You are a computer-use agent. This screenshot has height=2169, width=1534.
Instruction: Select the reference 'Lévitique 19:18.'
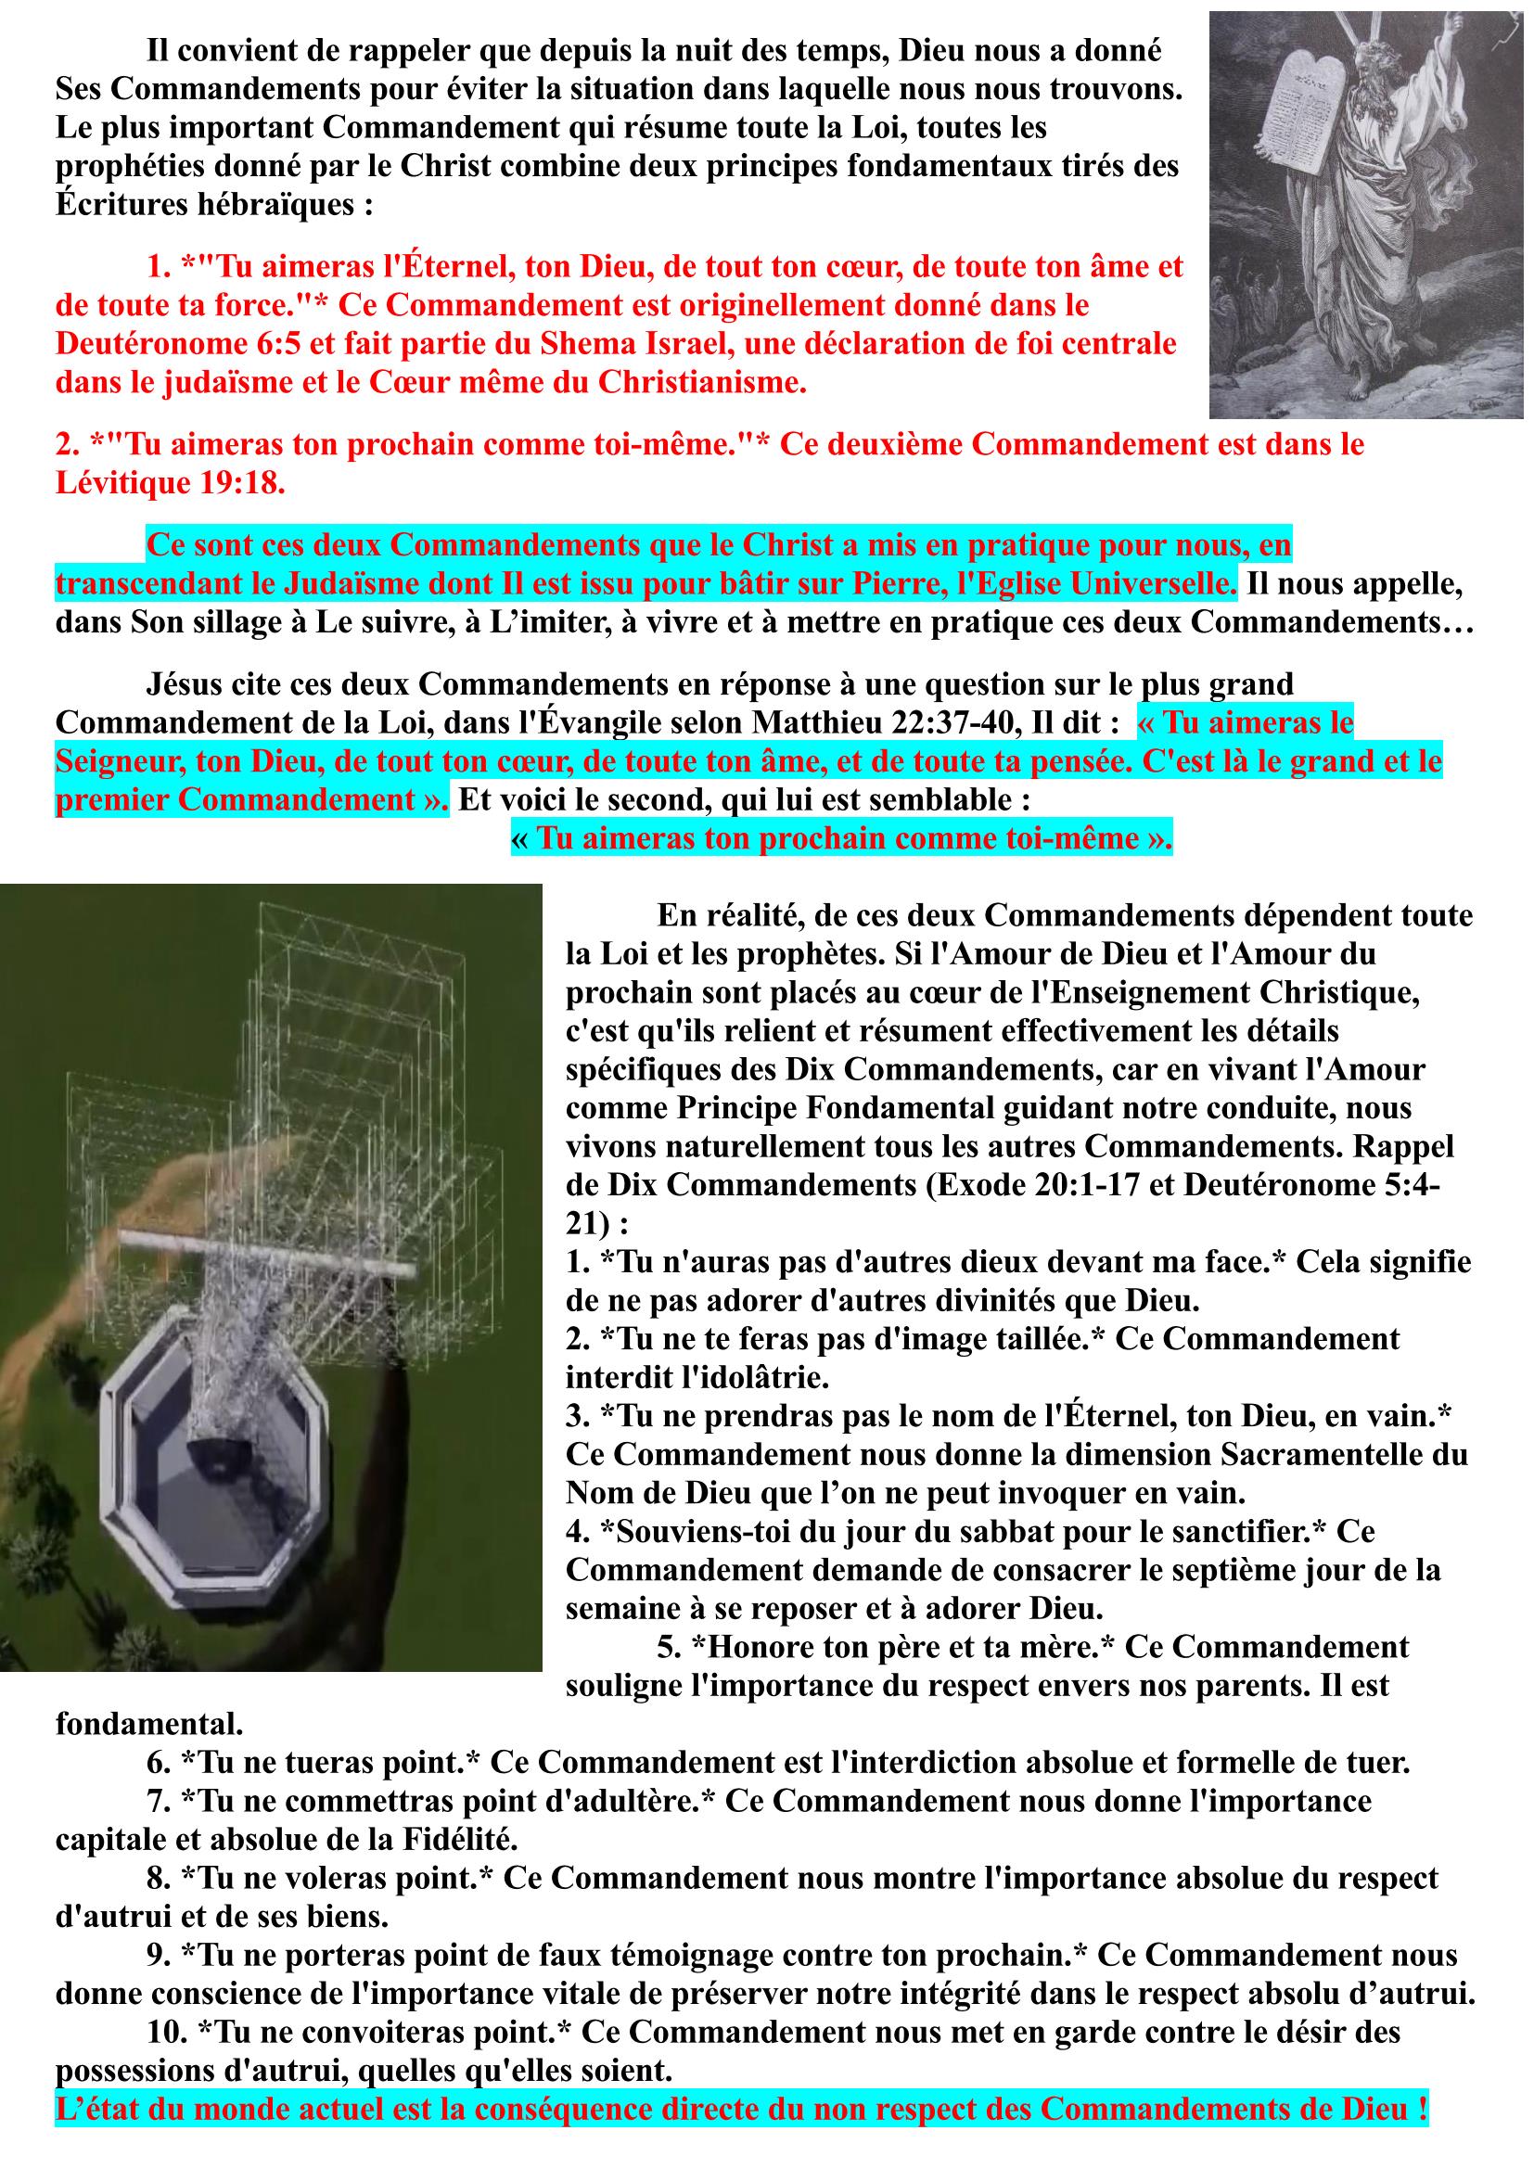pyautogui.click(x=170, y=484)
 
